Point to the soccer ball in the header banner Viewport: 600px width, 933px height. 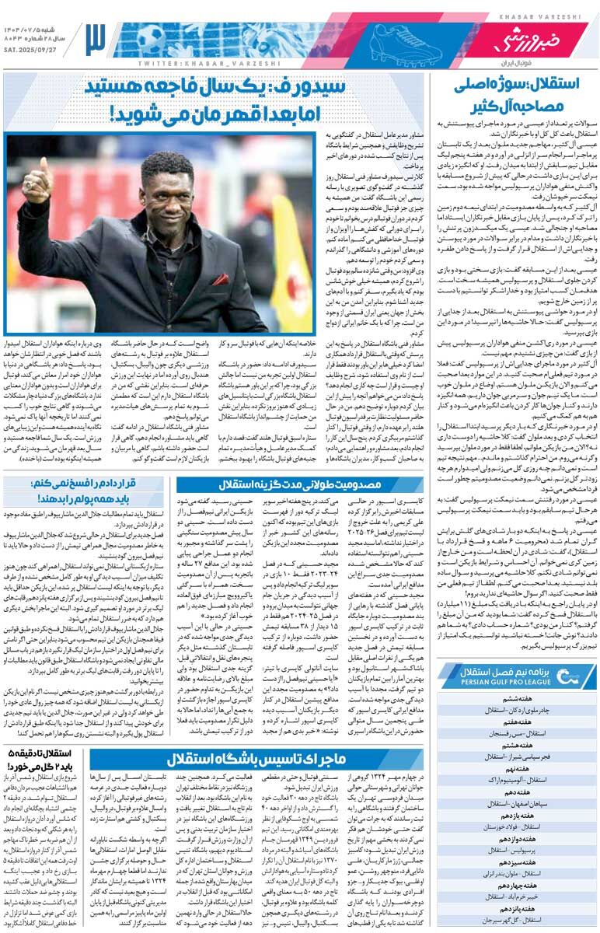click(147, 36)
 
